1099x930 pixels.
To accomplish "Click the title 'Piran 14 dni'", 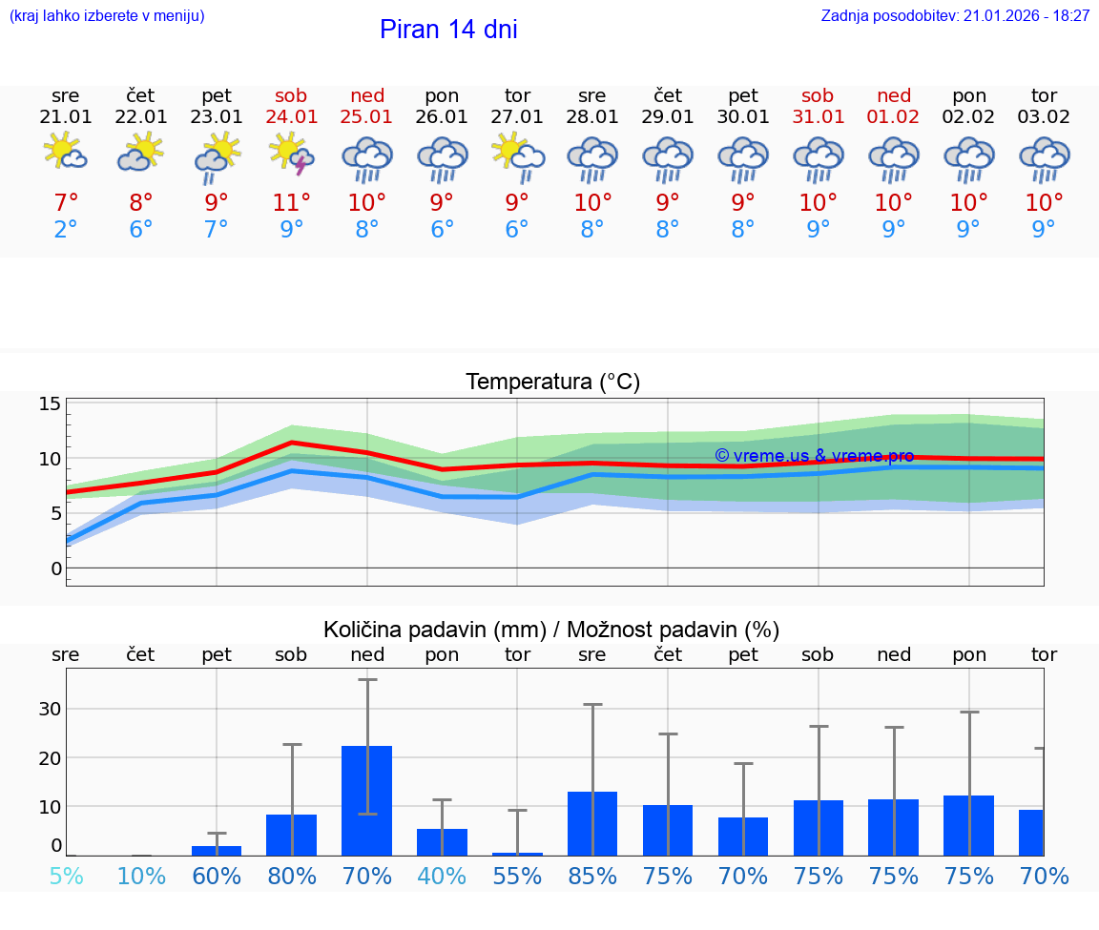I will (448, 30).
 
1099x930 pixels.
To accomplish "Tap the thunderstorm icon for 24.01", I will (292, 156).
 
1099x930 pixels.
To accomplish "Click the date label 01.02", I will (894, 116).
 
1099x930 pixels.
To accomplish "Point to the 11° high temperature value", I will (292, 202).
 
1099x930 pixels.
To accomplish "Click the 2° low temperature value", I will (66, 229).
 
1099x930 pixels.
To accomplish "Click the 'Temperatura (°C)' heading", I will (552, 382).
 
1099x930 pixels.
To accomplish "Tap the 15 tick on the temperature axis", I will (51, 403).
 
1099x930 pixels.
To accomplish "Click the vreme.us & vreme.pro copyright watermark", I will (814, 456).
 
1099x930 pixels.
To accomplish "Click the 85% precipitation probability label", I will (592, 876).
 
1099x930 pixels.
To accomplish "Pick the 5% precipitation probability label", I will (66, 876).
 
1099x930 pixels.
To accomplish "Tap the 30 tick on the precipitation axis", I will (50, 709).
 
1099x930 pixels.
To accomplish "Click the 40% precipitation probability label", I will (442, 876).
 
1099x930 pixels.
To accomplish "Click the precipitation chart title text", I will (551, 630).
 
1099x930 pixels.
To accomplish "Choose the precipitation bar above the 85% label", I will (592, 822).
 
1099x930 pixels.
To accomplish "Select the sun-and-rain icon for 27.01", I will (518, 156).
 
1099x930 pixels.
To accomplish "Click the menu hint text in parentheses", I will (107, 15).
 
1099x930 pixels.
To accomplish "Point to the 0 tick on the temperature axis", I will (56, 568).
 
